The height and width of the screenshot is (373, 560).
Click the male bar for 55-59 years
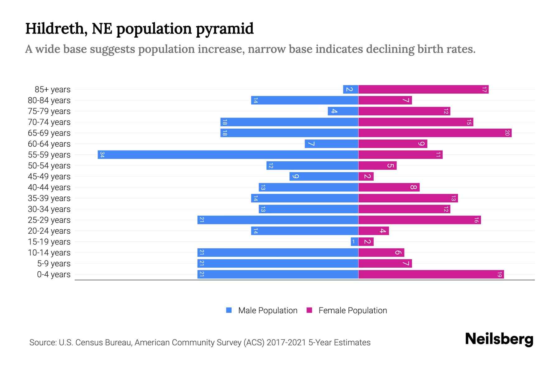[228, 154]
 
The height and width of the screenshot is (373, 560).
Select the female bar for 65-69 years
[435, 133]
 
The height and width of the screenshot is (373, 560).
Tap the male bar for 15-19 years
[354, 242]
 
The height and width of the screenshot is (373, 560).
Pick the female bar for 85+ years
[423, 89]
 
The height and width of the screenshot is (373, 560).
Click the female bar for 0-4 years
[431, 274]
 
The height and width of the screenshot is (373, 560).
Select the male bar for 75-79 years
[343, 111]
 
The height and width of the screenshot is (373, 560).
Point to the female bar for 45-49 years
[366, 176]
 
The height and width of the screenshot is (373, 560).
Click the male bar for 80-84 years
[305, 100]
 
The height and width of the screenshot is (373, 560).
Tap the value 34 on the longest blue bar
[102, 154]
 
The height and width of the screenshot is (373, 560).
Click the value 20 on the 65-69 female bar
[507, 133]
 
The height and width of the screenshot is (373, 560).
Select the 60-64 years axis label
[49, 144]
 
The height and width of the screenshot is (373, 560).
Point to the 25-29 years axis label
[49, 220]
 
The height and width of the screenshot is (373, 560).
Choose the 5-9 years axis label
[54, 264]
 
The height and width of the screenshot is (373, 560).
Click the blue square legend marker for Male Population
[229, 310]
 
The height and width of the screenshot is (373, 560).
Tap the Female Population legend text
[352, 310]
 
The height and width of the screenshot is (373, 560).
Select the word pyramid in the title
[225, 29]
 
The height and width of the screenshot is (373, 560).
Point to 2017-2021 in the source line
[286, 343]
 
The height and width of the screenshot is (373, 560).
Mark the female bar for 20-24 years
[373, 231]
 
